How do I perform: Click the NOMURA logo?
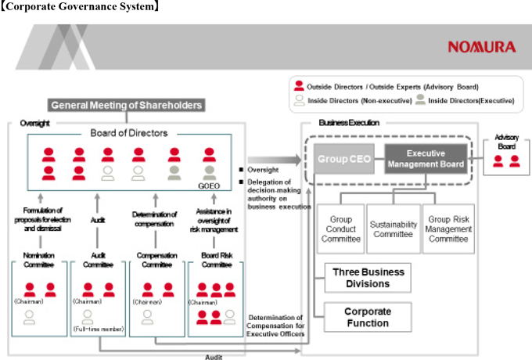coord(481,47)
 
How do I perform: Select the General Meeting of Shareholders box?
coord(127,105)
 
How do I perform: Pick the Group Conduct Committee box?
coord(341,229)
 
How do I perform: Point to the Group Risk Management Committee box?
coord(448,229)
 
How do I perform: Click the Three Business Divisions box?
coord(368,278)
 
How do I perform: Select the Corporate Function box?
coord(368,317)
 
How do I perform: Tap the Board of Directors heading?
coord(129,133)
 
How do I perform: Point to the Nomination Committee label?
coord(39,260)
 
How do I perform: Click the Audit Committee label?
coord(99,260)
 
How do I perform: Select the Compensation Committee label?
coord(157,260)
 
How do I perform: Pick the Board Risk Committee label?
coord(216,260)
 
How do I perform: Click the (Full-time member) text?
coord(98,330)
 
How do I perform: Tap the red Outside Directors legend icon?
coord(298,87)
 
